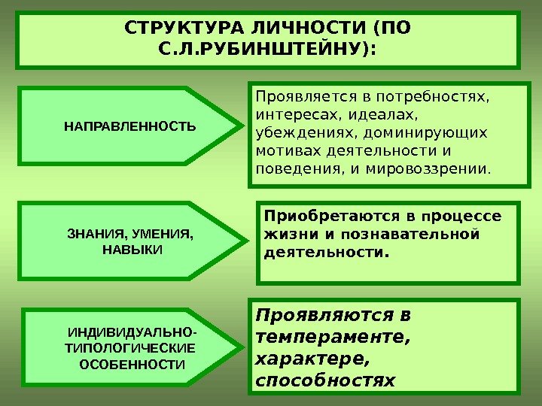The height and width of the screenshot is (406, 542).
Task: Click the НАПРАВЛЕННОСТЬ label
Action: [x=129, y=125]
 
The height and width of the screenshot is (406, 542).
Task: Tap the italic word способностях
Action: [x=325, y=380]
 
